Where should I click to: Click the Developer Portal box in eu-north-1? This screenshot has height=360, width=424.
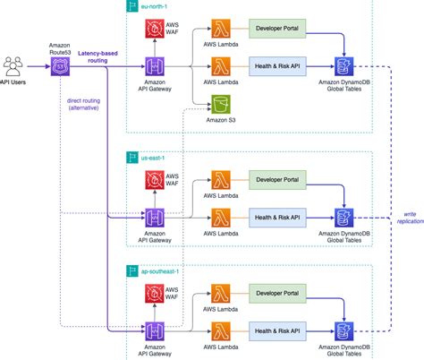point(277,30)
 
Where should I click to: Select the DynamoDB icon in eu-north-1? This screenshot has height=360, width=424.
point(343,65)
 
